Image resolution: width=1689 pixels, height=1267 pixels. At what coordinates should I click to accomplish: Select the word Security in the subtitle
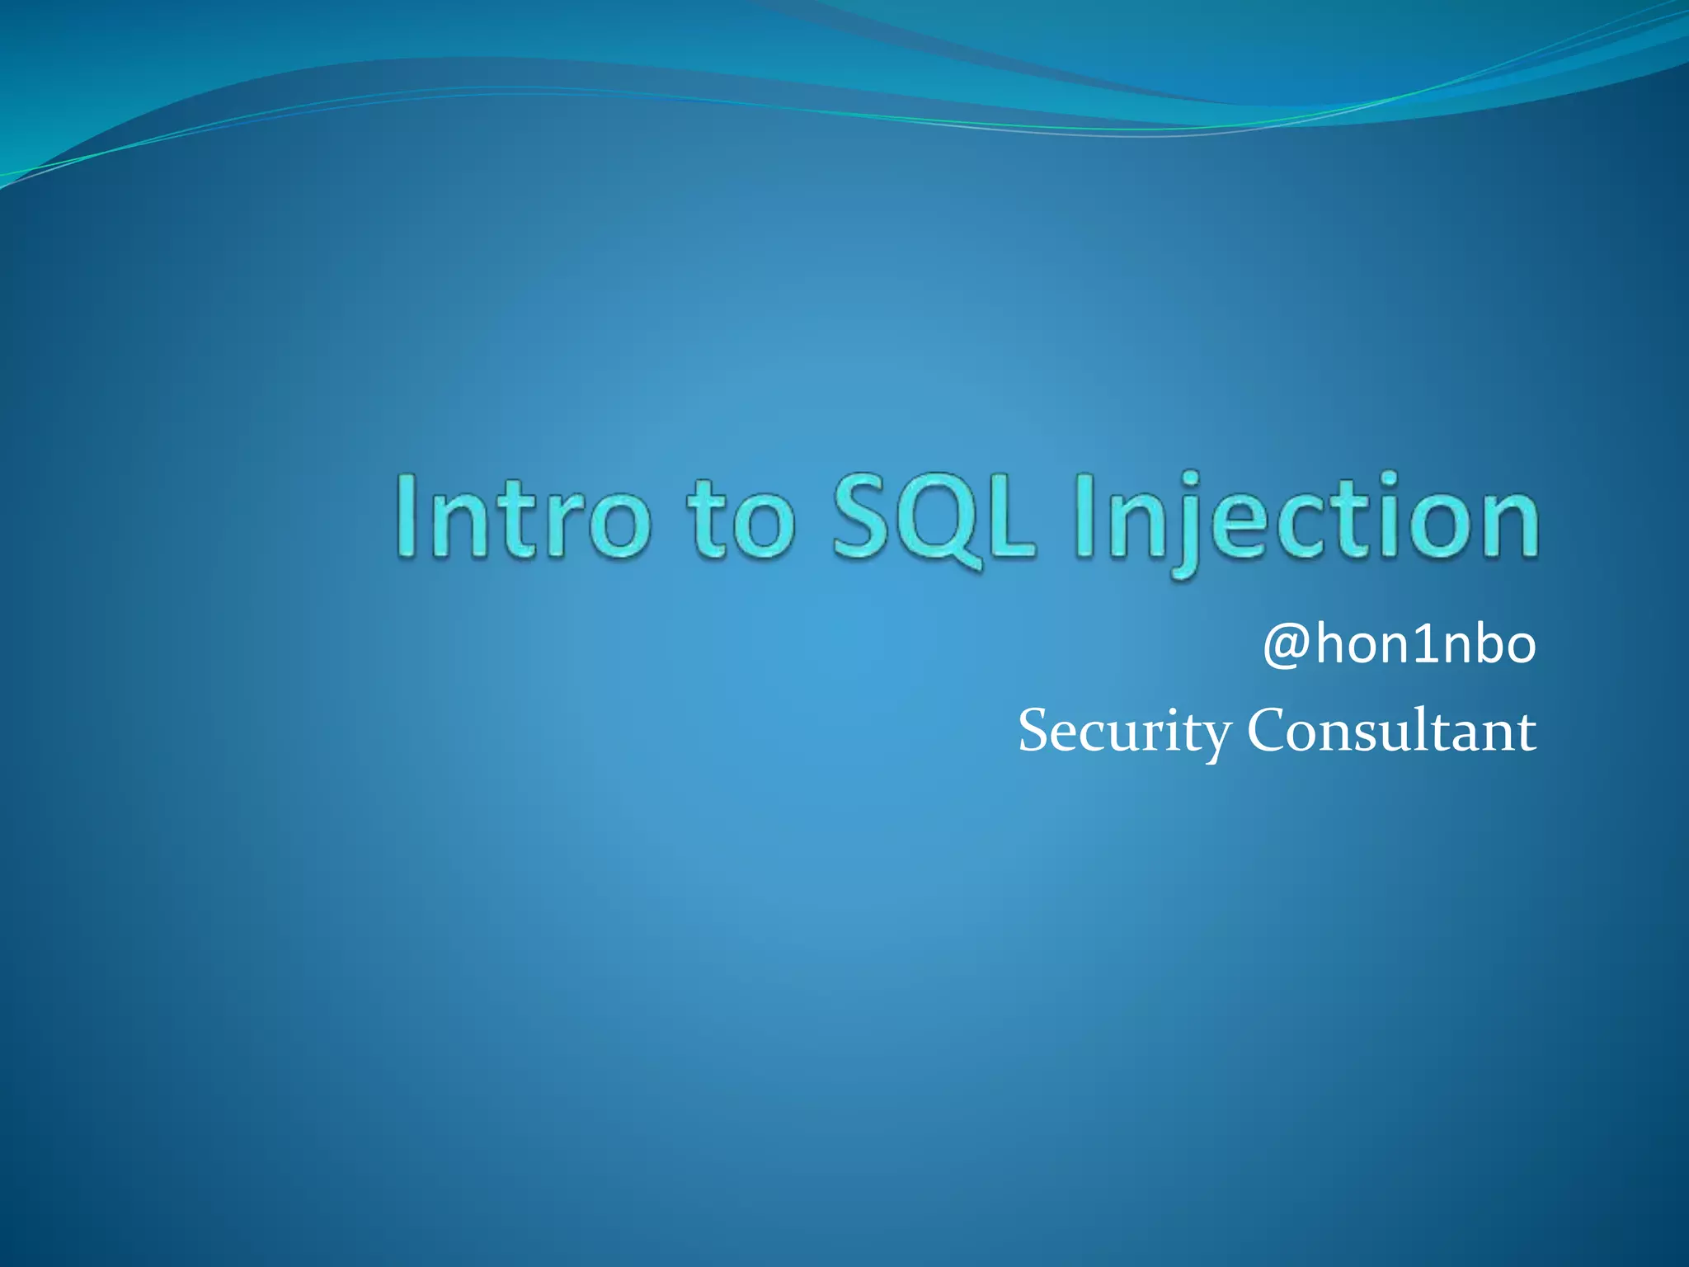point(1125,732)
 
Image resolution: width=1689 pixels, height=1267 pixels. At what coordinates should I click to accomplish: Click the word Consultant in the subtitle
point(1391,730)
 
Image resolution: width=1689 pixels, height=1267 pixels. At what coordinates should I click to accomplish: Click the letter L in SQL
point(1008,517)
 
